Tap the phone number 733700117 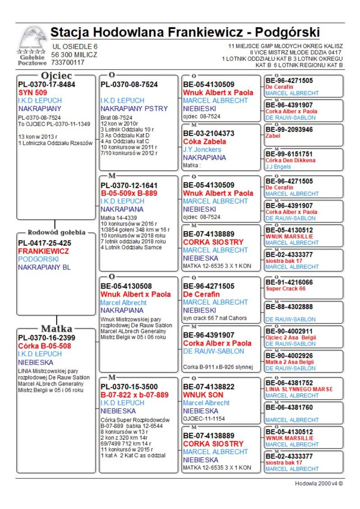[x=68, y=63]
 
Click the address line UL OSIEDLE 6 [x=75, y=46]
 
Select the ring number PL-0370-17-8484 [x=46, y=84]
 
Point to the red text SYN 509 [x=33, y=92]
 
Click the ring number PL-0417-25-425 [x=45, y=243]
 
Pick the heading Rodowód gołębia [x=56, y=233]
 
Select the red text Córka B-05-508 [x=43, y=346]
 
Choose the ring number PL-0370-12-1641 [x=129, y=185]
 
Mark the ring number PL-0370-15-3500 [x=129, y=387]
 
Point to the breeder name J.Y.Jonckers [x=202, y=149]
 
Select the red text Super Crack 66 [x=285, y=288]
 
